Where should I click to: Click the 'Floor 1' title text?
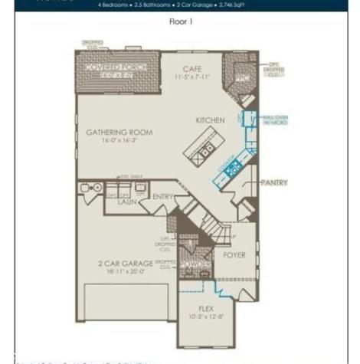pyautogui.click(x=181, y=21)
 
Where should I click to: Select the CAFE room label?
pyautogui.click(x=191, y=69)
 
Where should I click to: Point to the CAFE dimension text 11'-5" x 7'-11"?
pyautogui.click(x=191, y=77)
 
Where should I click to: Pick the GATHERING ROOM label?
pyautogui.click(x=119, y=133)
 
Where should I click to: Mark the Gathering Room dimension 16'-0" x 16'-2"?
pyautogui.click(x=119, y=141)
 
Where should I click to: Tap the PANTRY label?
pyautogui.click(x=273, y=183)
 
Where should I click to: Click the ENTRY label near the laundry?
pyautogui.click(x=162, y=197)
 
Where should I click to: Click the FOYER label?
pyautogui.click(x=234, y=255)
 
